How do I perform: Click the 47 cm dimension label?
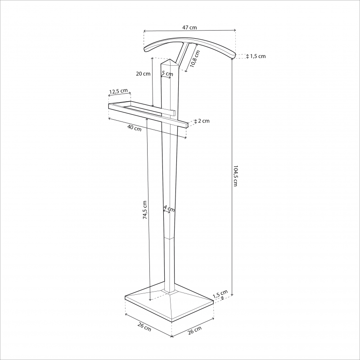pyautogui.click(x=189, y=27)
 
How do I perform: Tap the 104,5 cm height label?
pyautogui.click(x=235, y=175)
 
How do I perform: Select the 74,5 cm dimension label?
pyautogui.click(x=144, y=210)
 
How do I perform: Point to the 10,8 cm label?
pyautogui.click(x=195, y=59)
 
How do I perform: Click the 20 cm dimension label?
pyautogui.click(x=143, y=74)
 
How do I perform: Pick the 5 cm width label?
pyautogui.click(x=167, y=73)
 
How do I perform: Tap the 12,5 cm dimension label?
pyautogui.click(x=118, y=91)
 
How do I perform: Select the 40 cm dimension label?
pyautogui.click(x=135, y=128)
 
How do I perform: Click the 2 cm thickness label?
pyautogui.click(x=204, y=121)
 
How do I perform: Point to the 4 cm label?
pyautogui.click(x=169, y=209)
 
